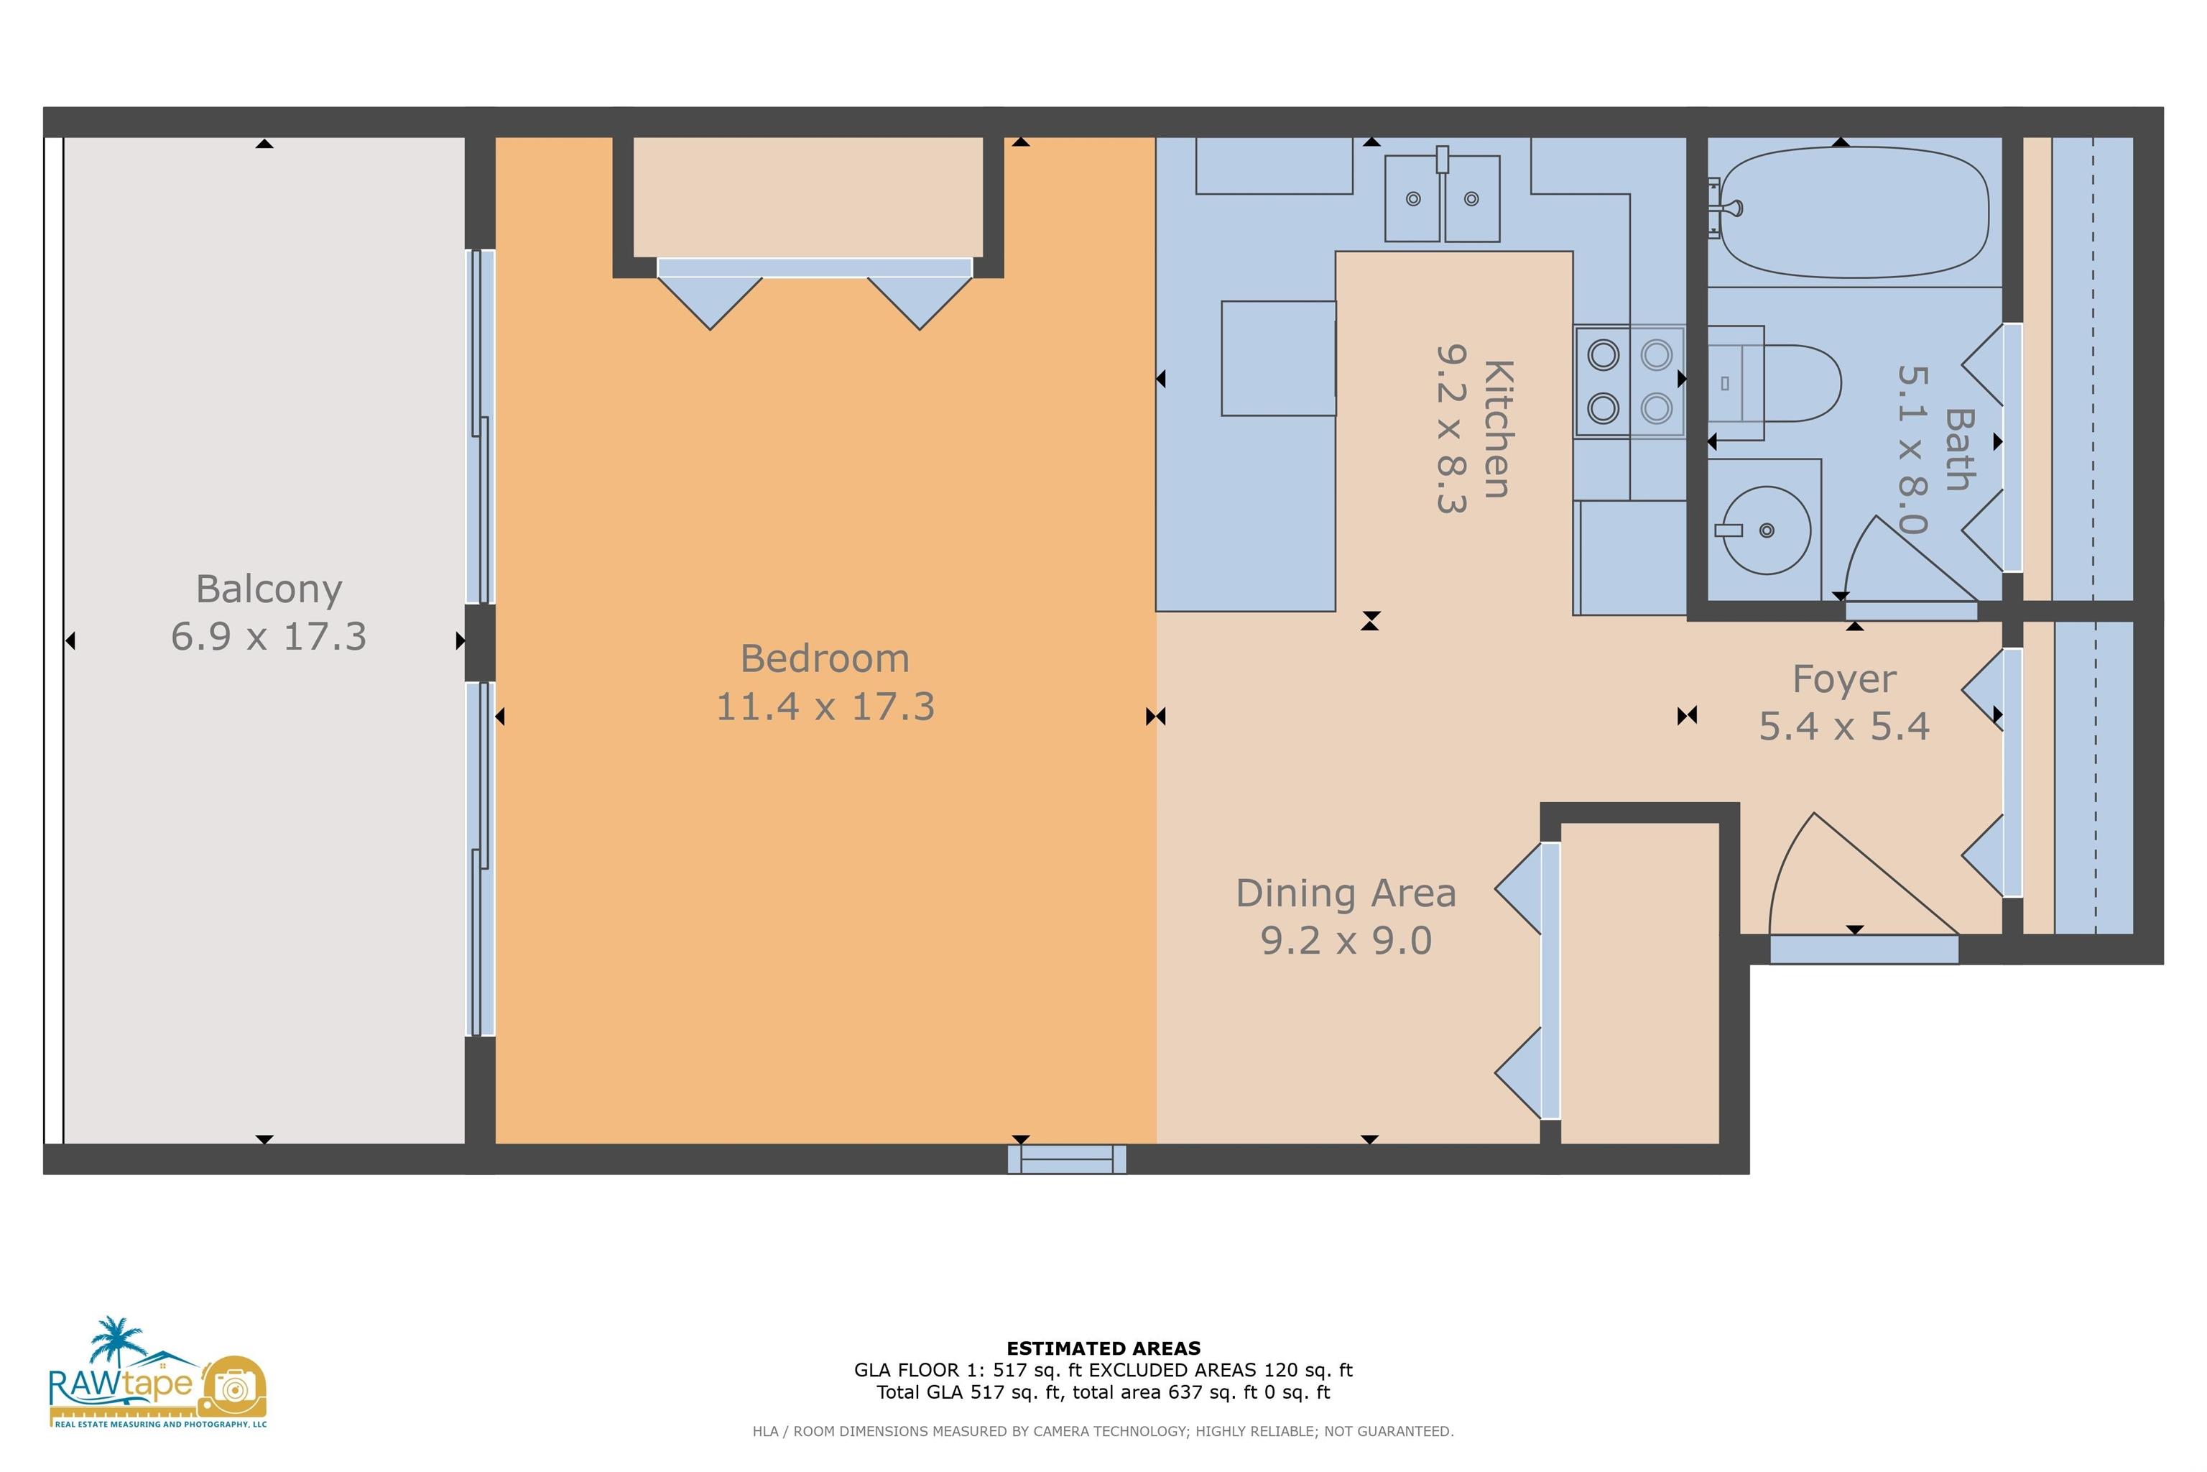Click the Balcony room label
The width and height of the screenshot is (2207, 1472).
coord(269,589)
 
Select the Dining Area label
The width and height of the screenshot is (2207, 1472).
coord(1346,893)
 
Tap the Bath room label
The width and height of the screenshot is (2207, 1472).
coord(1958,450)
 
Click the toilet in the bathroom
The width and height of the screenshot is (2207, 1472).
coord(1774,383)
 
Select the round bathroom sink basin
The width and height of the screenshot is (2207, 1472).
coord(1766,530)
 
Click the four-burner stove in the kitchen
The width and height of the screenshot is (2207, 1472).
coord(1630,381)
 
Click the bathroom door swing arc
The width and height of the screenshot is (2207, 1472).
coord(1910,559)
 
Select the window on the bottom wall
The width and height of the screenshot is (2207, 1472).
coord(1067,1159)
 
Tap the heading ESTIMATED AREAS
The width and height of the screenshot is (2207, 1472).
coord(1103,1348)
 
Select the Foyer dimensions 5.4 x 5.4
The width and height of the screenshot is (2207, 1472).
coord(1844,727)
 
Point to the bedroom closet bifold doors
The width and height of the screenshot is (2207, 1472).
coord(815,294)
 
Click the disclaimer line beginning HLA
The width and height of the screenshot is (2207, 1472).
coord(1103,1432)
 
